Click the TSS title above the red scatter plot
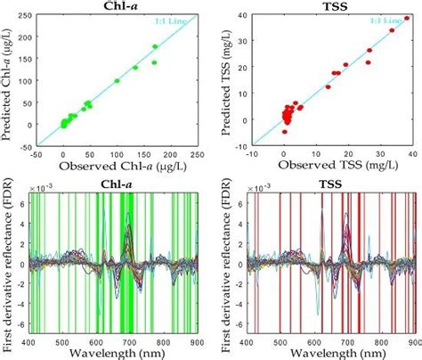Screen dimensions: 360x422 (x=335, y=7)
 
